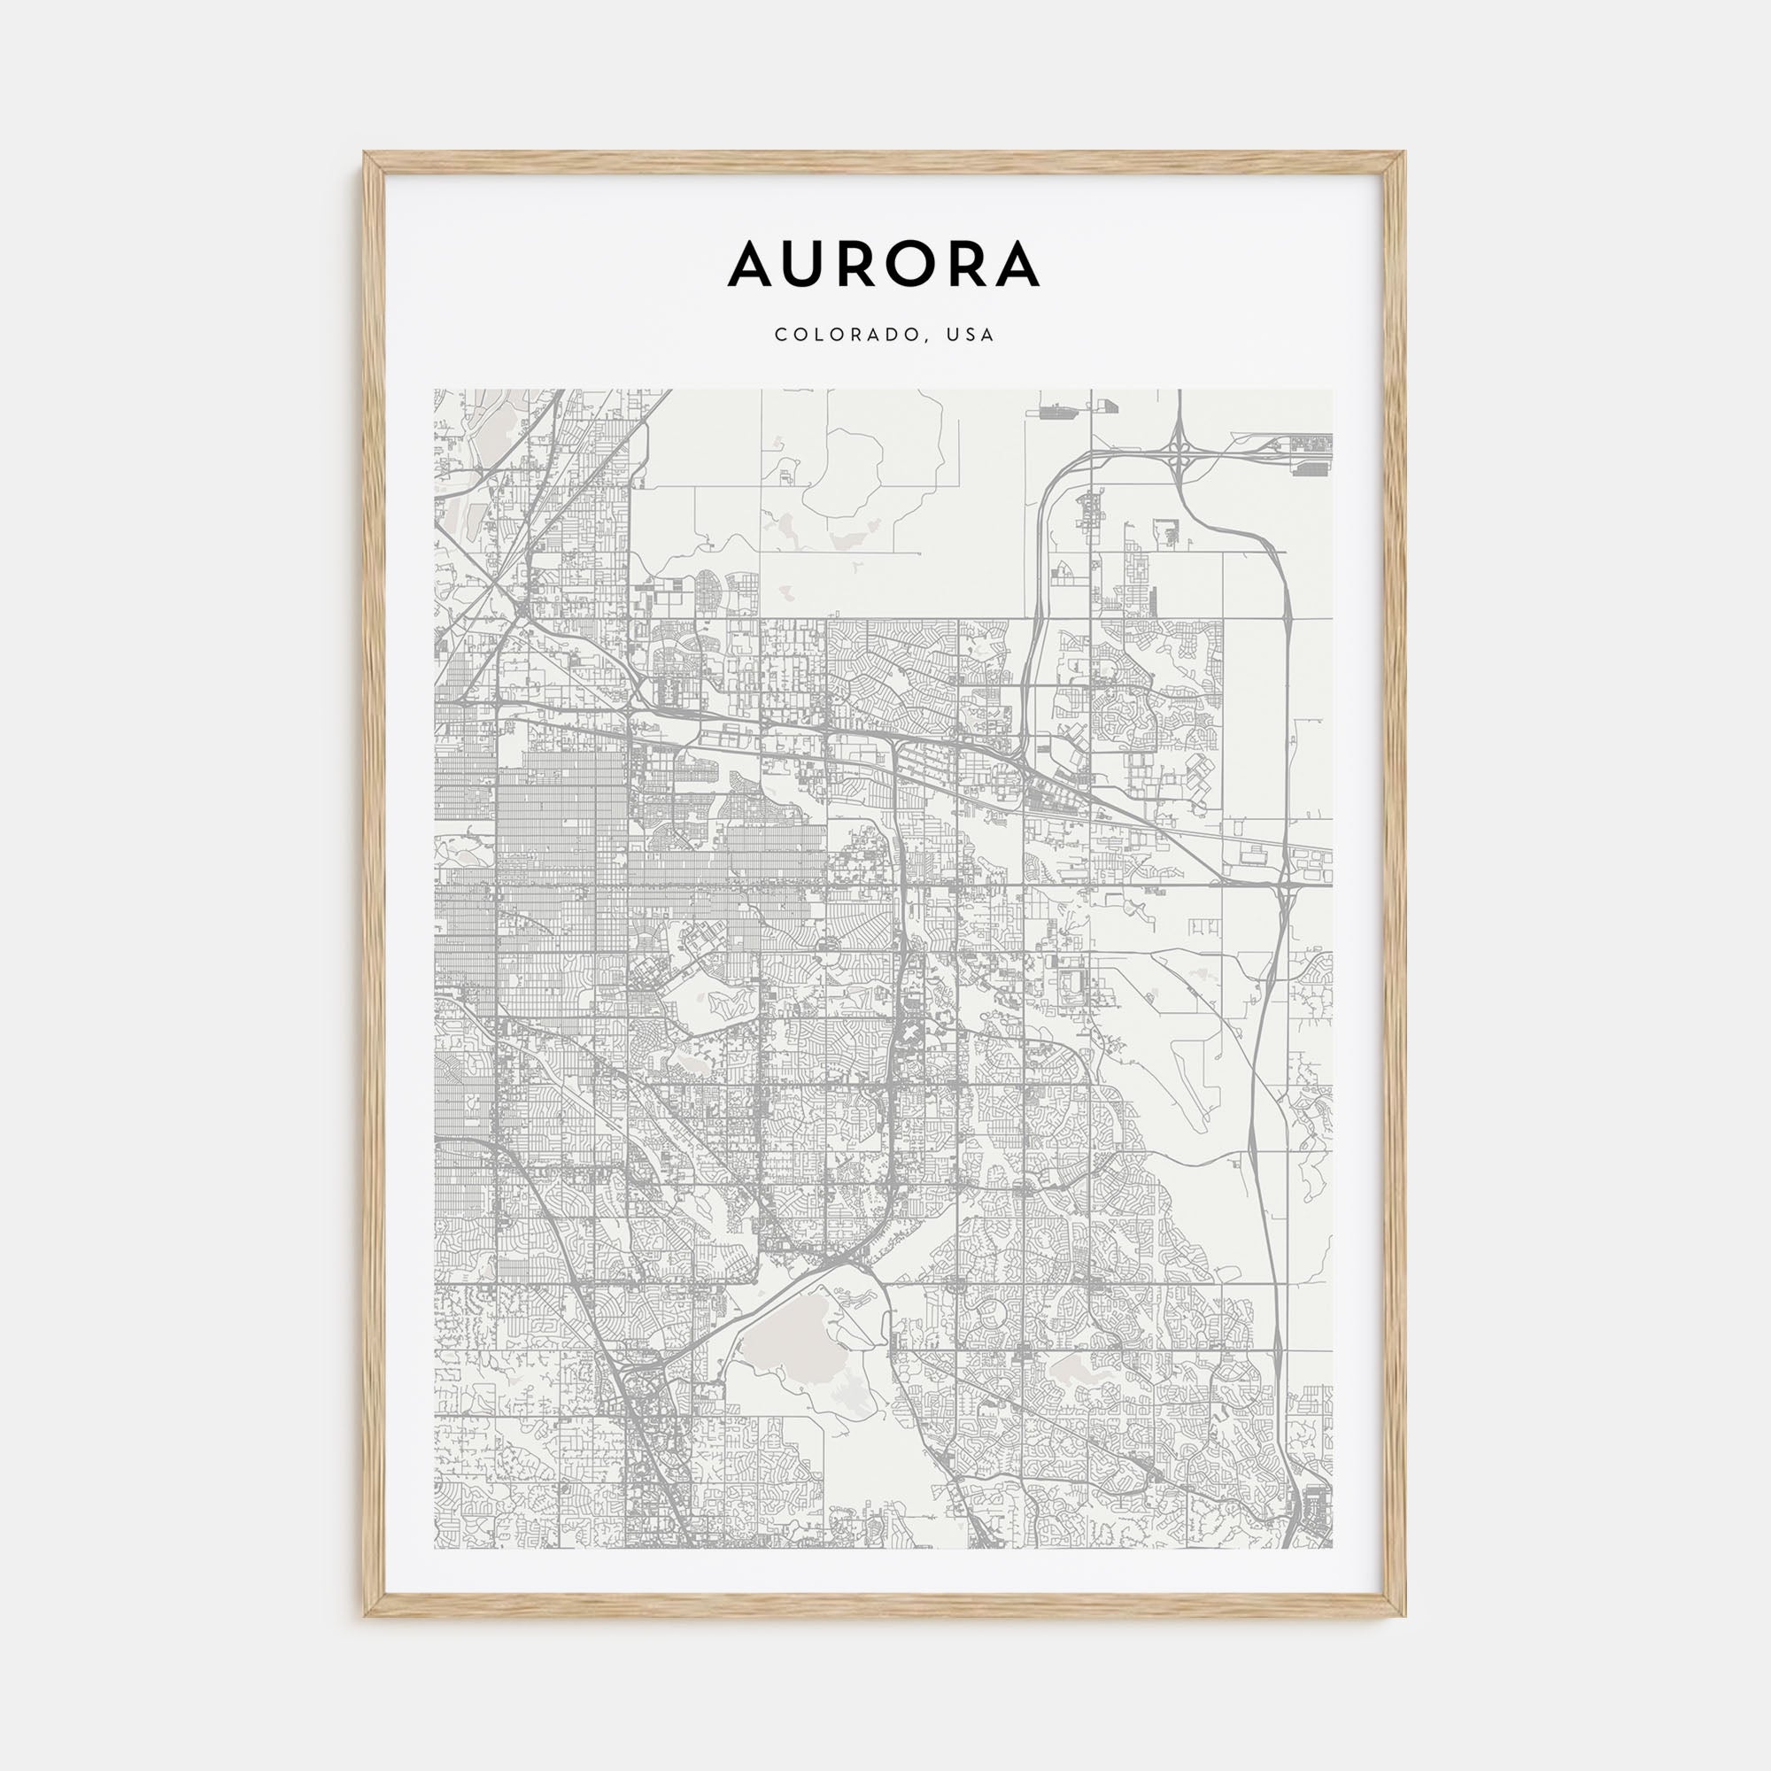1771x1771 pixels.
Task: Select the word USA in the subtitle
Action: [x=971, y=336]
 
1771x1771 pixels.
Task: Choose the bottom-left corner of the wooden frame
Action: [x=365, y=1614]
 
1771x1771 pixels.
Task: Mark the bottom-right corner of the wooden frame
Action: [x=1404, y=1614]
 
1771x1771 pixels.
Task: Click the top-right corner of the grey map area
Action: [x=1333, y=390]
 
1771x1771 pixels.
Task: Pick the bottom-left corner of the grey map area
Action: [x=435, y=1548]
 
